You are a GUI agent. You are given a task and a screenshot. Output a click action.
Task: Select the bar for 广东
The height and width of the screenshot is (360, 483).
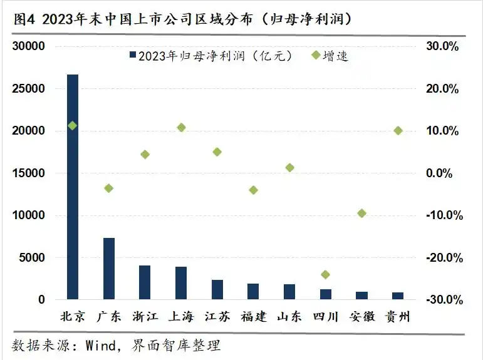pos(109,269)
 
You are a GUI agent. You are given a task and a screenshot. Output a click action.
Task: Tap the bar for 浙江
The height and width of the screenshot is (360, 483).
pos(145,282)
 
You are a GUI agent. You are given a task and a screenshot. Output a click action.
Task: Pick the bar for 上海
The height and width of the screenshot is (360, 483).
pos(181,283)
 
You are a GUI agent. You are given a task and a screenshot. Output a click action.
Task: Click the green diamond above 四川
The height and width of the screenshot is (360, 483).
pos(325,274)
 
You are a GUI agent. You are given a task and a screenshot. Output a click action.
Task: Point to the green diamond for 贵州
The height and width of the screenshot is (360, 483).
pos(398,130)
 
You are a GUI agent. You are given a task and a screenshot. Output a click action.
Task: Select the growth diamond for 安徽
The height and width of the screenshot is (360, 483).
pos(361,213)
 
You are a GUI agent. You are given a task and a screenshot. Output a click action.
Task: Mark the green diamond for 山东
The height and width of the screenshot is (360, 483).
pos(289,167)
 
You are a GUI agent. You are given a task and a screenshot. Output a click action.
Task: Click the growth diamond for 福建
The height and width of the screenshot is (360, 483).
pos(253,190)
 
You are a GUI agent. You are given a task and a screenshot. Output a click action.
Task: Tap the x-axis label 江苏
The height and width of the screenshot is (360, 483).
pos(217,317)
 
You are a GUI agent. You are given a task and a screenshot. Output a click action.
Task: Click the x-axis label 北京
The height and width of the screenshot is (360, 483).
pos(73,317)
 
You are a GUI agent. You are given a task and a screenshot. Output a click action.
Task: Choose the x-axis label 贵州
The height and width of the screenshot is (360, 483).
pos(398,317)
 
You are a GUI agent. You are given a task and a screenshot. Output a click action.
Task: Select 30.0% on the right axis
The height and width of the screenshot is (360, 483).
pos(443,46)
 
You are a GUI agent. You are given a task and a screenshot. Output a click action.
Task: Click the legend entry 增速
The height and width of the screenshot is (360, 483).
pos(335,56)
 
